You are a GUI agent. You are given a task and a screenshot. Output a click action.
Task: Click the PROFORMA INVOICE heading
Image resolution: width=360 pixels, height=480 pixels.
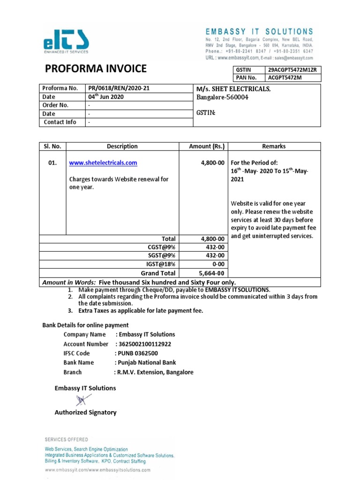[96, 69]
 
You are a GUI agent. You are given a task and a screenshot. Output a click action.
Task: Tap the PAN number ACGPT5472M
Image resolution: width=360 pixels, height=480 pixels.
[285, 77]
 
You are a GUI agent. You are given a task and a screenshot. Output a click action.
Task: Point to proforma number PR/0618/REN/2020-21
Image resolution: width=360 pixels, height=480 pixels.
[119, 88]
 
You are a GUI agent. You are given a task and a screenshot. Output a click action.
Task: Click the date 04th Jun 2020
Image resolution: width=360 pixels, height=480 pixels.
[106, 97]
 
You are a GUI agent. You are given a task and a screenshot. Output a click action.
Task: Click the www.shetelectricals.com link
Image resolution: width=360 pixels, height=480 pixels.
[103, 163]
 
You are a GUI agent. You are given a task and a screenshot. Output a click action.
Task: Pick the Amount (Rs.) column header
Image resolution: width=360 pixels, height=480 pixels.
[203, 146]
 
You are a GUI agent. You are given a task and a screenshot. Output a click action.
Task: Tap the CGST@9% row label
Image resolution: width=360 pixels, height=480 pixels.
[161, 247]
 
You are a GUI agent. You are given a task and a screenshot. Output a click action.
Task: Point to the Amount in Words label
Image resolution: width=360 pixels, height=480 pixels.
[69, 282]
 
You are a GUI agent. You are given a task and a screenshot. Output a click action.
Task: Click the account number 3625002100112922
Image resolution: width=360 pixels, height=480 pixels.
[145, 344]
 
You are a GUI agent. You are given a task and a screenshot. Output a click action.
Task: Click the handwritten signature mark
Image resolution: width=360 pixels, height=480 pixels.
[82, 400]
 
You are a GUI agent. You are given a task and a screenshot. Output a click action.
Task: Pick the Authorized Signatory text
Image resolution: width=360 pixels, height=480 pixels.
[85, 412]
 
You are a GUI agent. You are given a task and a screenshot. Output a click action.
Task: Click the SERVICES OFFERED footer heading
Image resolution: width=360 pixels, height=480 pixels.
[66, 439]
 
